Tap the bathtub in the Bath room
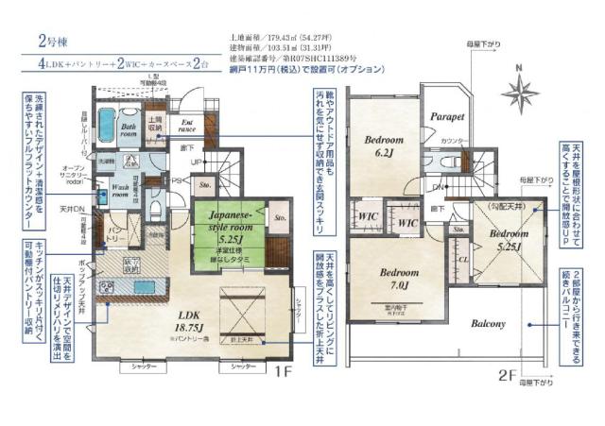(x=107, y=129)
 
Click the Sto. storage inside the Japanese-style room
(x=281, y=217)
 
